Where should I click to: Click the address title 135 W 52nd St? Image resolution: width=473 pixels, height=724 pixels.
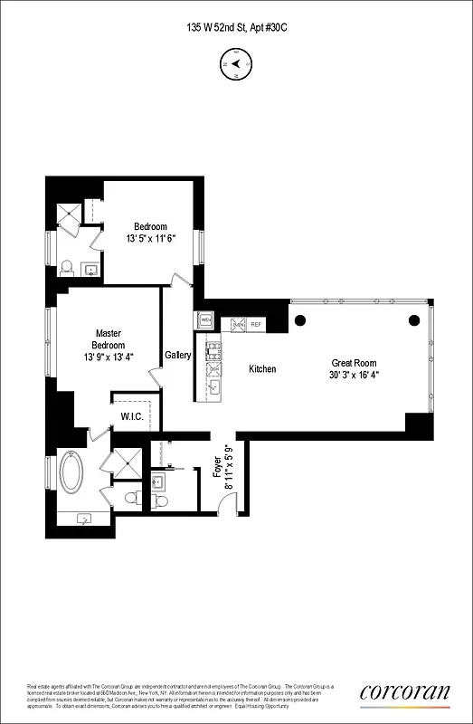point(236,28)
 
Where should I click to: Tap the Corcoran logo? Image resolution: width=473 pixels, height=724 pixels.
point(404,692)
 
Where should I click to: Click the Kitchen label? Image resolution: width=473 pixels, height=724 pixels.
point(262,369)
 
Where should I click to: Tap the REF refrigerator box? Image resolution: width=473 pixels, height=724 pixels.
point(256,323)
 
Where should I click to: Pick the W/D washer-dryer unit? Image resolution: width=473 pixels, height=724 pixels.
point(205,319)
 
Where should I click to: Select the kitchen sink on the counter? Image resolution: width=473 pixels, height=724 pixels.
point(214,387)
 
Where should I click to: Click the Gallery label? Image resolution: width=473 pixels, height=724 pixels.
point(177,356)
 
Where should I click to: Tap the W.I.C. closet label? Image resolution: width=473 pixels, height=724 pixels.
point(132,417)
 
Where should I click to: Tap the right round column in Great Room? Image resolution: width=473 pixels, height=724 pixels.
point(414,319)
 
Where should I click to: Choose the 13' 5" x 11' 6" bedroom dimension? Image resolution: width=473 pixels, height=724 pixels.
point(149,239)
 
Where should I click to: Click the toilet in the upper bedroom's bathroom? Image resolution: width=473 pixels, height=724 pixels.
point(66,268)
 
